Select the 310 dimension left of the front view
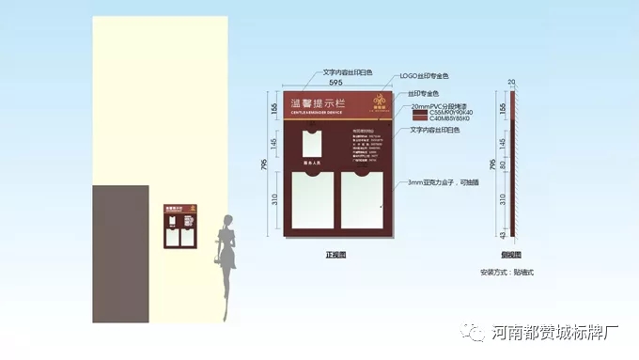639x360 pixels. [x=273, y=200]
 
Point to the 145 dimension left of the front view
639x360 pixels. [x=273, y=144]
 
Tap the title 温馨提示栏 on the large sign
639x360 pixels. [x=314, y=103]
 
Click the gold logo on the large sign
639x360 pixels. [x=381, y=102]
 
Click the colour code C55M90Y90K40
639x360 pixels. [x=452, y=114]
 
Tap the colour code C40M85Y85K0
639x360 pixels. [x=450, y=119]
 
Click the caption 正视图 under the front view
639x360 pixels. [x=335, y=255]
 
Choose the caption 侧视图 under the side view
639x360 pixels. [x=512, y=255]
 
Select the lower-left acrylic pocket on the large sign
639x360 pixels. [x=312, y=201]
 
